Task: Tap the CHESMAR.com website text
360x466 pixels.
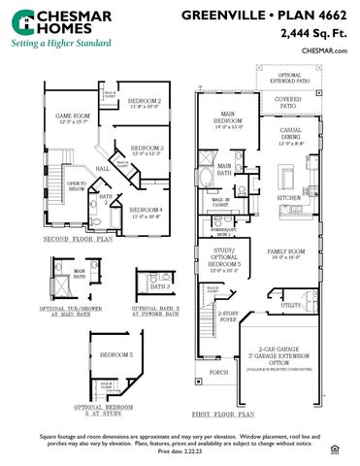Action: (326, 50)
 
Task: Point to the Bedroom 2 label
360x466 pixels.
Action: (145, 101)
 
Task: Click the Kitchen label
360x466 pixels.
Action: (290, 198)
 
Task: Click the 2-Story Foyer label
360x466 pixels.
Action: (227, 316)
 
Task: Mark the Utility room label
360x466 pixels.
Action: (290, 305)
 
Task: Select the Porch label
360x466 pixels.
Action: (218, 372)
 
